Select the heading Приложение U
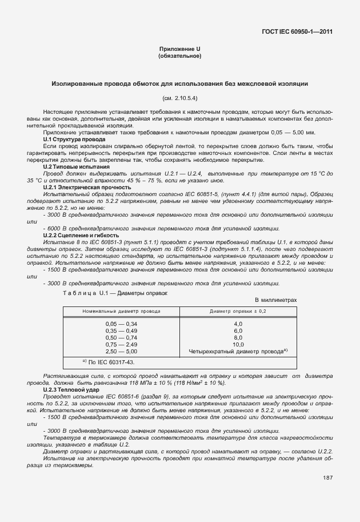click(179, 50)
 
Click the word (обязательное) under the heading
click(179, 57)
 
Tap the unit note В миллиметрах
click(275, 300)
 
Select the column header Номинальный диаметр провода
click(121, 311)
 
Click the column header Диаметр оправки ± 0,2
click(238, 311)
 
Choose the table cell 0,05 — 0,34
click(121, 324)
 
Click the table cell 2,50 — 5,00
click(121, 351)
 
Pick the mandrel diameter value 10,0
click(238, 344)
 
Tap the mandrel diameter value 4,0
click(238, 324)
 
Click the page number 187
click(328, 477)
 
